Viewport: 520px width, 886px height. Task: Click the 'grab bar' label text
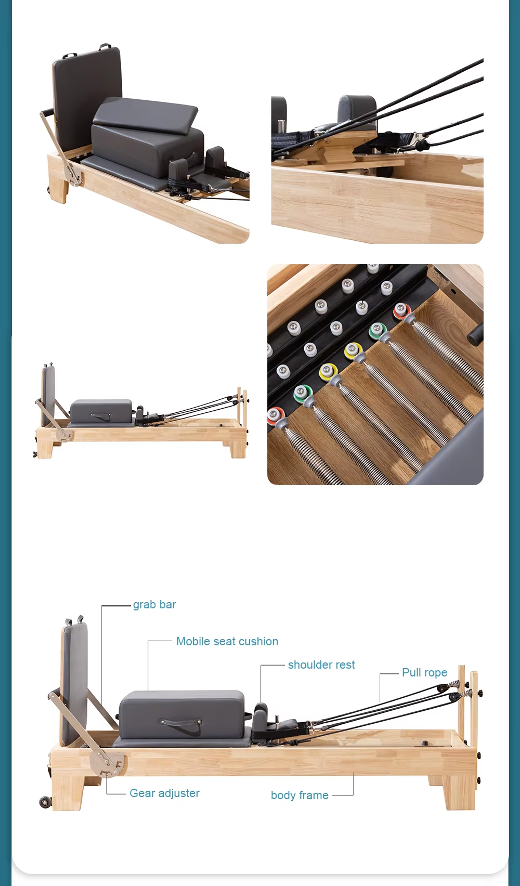coord(154,605)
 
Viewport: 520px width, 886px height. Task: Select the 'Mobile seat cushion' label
coord(227,642)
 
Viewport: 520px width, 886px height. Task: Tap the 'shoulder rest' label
coord(321,665)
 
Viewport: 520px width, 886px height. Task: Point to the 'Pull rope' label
coord(424,673)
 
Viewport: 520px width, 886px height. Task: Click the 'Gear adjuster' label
coord(164,793)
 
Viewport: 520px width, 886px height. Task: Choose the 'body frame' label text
coord(300,796)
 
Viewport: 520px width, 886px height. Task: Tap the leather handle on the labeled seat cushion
coord(180,723)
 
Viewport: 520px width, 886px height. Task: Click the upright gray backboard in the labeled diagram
coord(75,681)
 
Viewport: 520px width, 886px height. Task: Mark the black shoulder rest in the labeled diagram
coord(260,715)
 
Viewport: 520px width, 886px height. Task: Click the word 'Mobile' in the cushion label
coord(193,642)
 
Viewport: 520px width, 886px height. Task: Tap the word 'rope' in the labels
coord(436,673)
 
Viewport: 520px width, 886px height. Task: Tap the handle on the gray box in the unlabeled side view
coord(100,415)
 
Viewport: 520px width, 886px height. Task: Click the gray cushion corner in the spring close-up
coord(452,458)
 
